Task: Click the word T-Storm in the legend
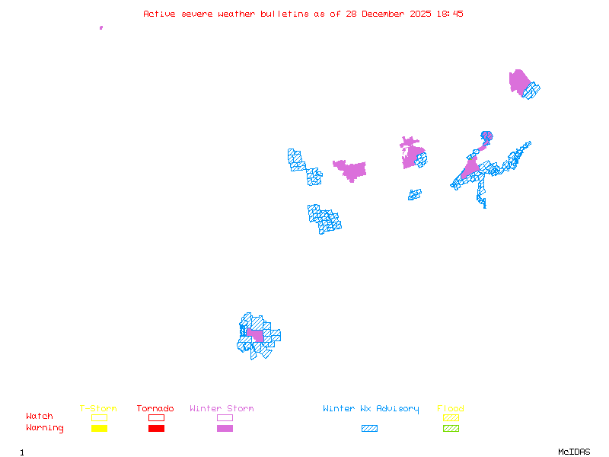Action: coord(98,409)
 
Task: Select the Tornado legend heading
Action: coord(155,409)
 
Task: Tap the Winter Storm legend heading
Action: coord(222,409)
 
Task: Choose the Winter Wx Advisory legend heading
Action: coord(371,409)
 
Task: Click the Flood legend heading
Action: coord(451,409)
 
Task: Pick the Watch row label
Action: coord(40,417)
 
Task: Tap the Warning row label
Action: coord(45,428)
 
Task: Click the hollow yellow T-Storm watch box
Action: coord(99,417)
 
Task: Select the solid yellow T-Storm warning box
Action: coord(99,428)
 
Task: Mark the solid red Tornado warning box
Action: coord(156,428)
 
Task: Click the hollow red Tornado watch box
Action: coord(156,417)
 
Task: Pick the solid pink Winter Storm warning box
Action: coord(225,428)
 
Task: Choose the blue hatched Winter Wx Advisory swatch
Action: coord(369,428)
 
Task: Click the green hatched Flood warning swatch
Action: coord(451,428)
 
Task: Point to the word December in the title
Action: coord(385,14)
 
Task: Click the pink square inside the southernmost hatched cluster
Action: coord(256,335)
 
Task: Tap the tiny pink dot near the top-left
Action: coord(101,27)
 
